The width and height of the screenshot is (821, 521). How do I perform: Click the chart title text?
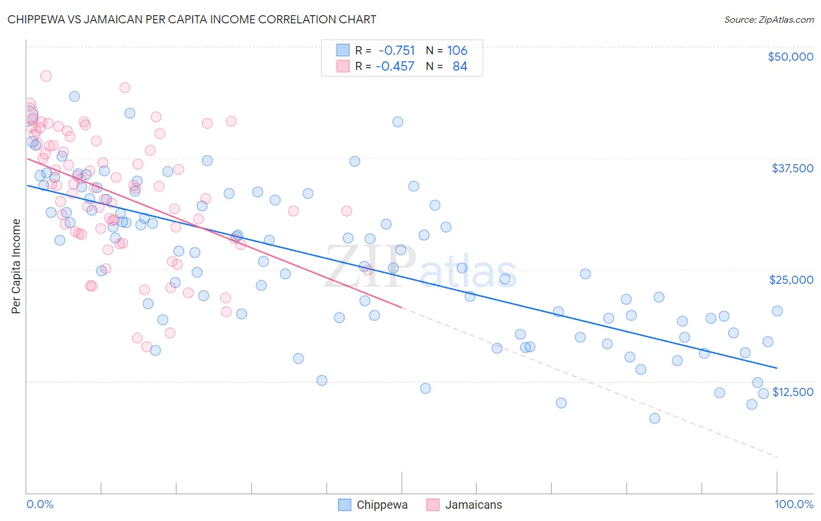192,19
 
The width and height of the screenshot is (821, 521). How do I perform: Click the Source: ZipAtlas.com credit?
768,19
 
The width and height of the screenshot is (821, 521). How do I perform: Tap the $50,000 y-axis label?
790,57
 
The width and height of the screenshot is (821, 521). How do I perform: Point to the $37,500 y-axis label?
792,168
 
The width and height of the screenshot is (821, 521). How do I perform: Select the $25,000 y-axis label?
791,280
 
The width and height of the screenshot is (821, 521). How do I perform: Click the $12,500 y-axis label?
792,392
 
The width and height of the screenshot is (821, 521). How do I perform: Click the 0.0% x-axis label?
40,504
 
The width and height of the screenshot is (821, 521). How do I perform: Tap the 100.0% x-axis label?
794,504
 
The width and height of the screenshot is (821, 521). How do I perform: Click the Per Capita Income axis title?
16,266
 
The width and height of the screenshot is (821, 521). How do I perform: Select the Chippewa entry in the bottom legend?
382,505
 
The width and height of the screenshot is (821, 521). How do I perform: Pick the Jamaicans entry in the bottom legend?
473,505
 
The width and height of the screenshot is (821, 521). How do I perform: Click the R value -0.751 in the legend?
396,51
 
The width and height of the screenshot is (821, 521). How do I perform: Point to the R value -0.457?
395,67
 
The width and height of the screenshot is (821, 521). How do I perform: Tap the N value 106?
457,51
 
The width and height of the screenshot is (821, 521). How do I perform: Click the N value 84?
460,67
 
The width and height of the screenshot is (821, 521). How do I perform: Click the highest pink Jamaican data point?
46,76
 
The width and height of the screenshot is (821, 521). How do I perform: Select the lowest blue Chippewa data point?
655,418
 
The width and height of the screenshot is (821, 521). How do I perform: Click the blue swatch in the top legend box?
343,50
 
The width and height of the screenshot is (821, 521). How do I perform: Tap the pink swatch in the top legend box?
343,66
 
